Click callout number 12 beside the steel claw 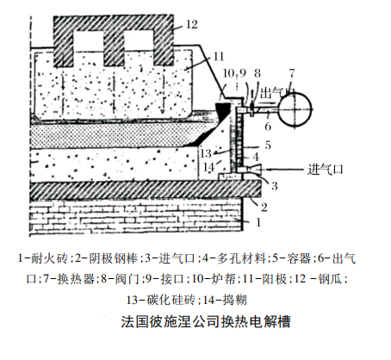[x=192, y=24]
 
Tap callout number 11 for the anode [x=219, y=57]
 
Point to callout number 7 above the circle [x=292, y=73]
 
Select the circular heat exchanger [x=295, y=109]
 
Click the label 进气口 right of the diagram [x=326, y=170]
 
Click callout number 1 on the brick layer [x=258, y=222]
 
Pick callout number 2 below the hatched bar [x=264, y=207]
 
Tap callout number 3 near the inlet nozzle [x=275, y=186]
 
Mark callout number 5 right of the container [x=268, y=145]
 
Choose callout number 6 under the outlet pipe [x=268, y=127]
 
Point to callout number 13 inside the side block [x=206, y=154]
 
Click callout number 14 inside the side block [x=208, y=167]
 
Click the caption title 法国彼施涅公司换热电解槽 [x=206, y=321]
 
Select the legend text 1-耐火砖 [x=43, y=258]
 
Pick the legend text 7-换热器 [x=69, y=278]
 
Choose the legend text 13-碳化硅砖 [x=160, y=300]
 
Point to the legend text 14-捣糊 [x=225, y=300]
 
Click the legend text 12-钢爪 [x=319, y=278]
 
